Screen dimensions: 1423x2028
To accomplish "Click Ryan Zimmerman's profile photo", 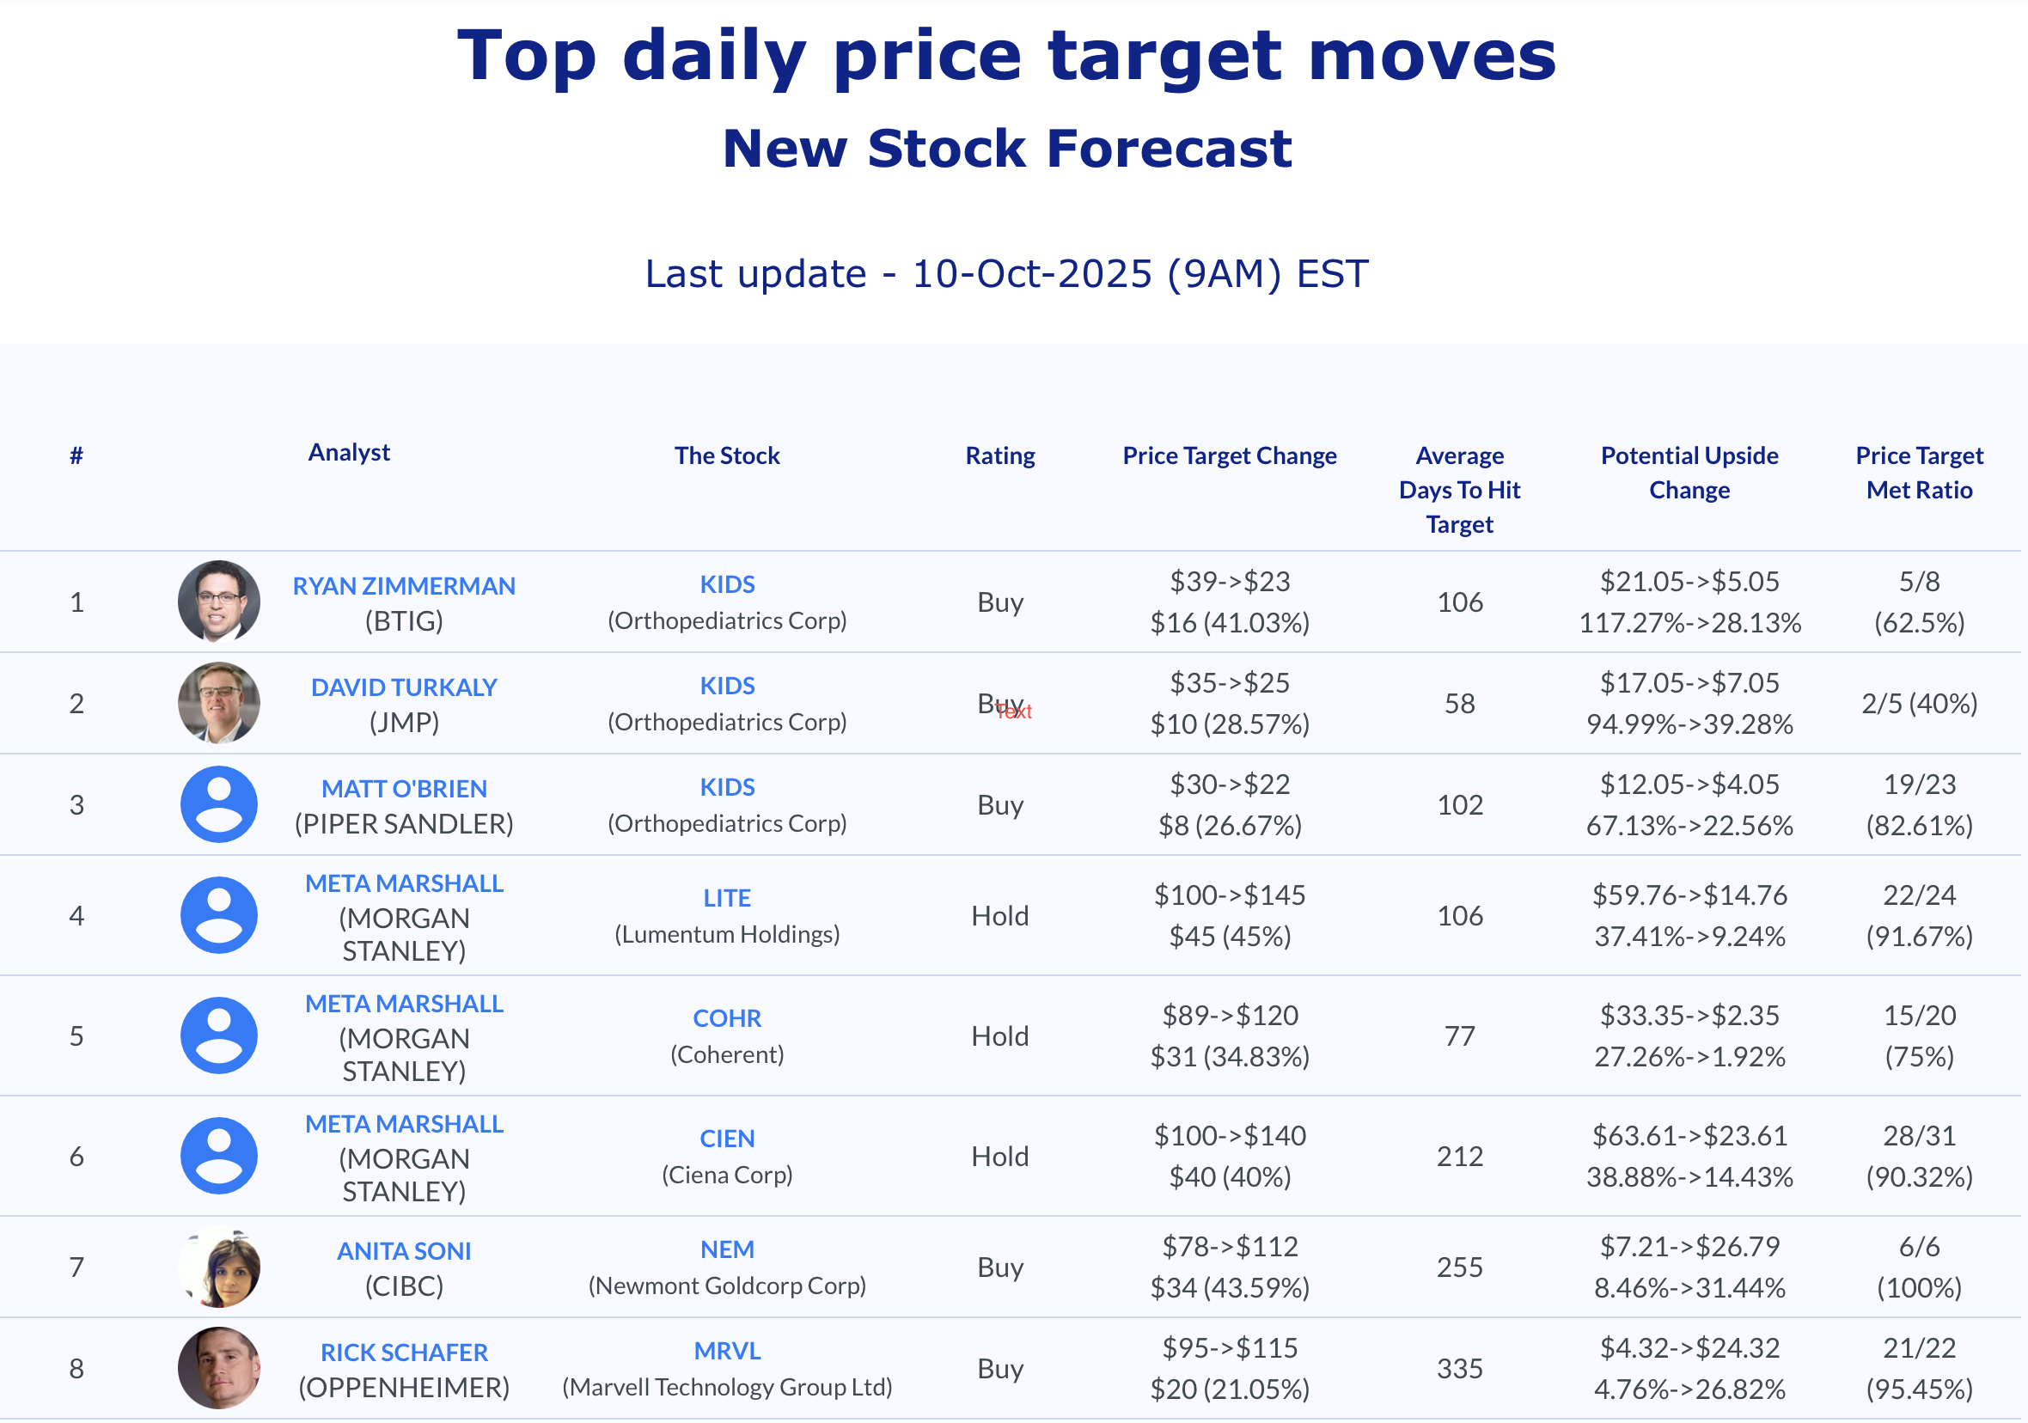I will tap(218, 601).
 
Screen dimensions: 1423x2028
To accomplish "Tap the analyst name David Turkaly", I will tap(404, 687).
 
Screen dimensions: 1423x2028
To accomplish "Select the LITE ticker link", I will tap(726, 897).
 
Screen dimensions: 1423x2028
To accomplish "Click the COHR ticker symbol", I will tap(726, 1017).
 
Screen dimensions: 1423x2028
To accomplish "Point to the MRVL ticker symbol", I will tap(726, 1351).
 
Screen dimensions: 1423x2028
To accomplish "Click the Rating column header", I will tap(999, 455).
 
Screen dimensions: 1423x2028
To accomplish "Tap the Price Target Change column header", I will tap(1229, 455).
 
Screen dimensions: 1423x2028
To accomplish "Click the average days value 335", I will tap(1459, 1368).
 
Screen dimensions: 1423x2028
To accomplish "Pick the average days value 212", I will tap(1459, 1157).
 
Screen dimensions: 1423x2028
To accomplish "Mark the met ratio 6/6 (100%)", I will tap(1919, 1267).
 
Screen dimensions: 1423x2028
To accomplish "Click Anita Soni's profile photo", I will tap(218, 1267).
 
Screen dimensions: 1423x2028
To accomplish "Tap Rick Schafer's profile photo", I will tap(218, 1368).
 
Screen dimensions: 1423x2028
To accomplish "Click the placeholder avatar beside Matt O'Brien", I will tap(218, 803).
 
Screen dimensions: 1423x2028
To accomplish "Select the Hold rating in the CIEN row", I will tap(999, 1157).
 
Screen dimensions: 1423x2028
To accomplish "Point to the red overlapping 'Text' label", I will tap(1016, 712).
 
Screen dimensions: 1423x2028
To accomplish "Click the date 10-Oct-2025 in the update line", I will tap(1032, 274).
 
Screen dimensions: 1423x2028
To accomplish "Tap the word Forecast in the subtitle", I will tap(1169, 148).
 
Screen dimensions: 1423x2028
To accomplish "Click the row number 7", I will tap(76, 1267).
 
